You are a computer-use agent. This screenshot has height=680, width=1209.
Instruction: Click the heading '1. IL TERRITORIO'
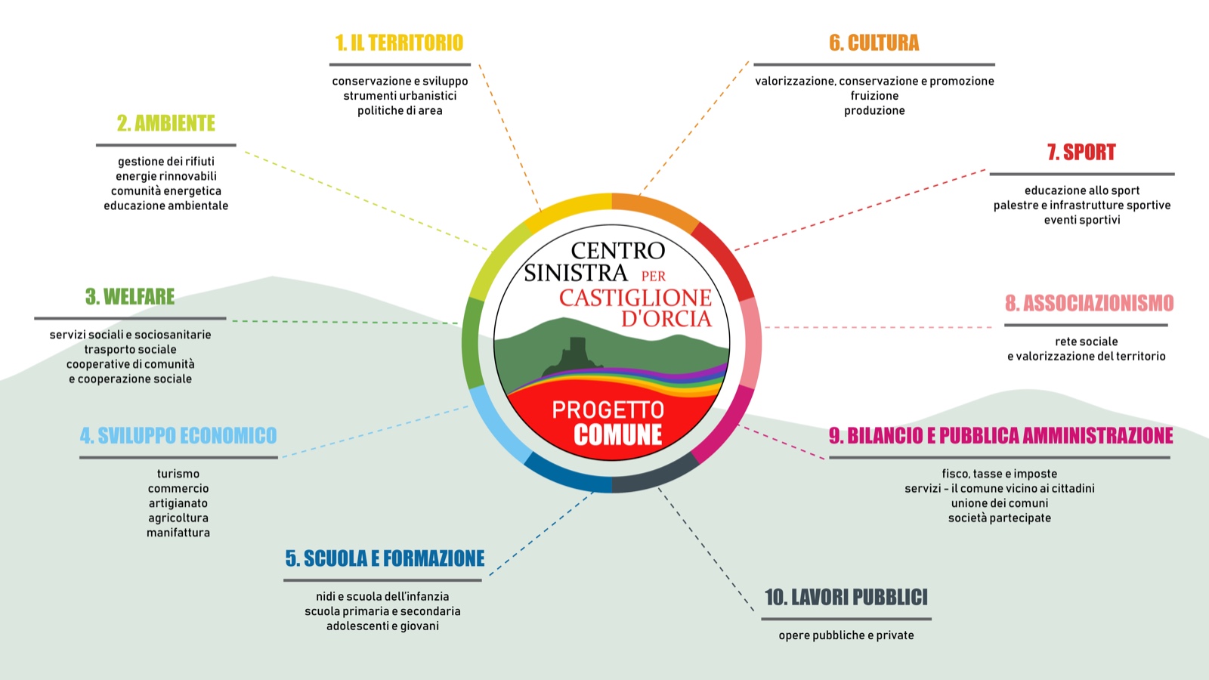[x=399, y=43]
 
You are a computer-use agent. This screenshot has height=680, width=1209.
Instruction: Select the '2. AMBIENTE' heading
[x=166, y=123]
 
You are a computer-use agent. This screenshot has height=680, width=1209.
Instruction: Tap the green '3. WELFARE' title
[x=130, y=297]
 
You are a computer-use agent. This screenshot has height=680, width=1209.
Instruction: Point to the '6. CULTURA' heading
[x=874, y=43]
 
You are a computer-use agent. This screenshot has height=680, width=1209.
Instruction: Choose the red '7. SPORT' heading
[x=1081, y=153]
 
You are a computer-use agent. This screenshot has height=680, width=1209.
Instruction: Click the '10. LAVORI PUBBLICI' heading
[x=846, y=598]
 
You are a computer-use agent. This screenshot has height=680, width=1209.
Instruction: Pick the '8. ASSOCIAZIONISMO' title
[x=1089, y=304]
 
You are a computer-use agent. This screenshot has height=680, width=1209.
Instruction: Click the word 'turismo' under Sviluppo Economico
[x=178, y=474]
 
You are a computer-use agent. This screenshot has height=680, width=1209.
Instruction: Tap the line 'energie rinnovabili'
[x=166, y=176]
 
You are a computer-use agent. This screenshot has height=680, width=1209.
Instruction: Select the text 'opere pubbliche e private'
[x=846, y=635]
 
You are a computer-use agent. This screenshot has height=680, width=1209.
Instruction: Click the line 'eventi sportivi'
[x=1082, y=220]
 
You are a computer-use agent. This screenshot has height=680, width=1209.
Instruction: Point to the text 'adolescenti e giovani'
[x=382, y=626]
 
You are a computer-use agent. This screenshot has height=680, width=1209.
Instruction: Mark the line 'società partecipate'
[x=1000, y=518]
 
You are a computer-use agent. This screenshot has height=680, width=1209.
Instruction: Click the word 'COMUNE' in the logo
[x=618, y=435]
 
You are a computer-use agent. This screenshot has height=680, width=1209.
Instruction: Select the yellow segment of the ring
[x=567, y=206]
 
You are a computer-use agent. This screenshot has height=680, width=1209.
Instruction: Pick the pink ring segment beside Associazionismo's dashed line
[x=750, y=342]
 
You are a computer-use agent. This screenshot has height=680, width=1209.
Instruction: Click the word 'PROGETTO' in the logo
[x=608, y=410]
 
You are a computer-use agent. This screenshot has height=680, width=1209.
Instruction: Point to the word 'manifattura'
[x=178, y=533]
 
